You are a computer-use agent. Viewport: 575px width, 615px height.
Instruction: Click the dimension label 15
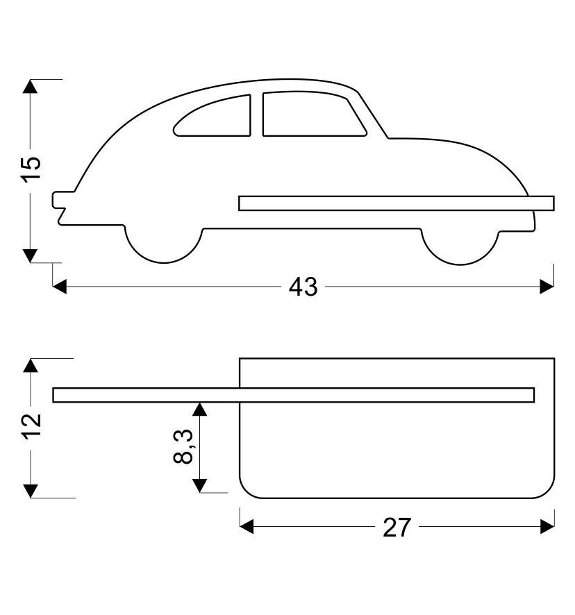31,169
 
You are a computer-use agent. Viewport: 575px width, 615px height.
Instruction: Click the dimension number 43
303,287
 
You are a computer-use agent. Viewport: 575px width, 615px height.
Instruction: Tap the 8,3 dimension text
183,446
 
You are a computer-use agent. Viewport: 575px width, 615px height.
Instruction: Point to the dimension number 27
397,528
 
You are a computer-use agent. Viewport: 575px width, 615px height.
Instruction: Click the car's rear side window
214,117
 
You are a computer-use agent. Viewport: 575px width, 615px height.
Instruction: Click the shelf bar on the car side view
396,203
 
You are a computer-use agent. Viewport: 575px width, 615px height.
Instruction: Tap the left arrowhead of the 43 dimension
60,286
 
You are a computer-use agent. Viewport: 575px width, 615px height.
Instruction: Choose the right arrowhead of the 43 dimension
547,286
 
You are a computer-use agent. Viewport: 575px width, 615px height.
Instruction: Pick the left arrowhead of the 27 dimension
247,528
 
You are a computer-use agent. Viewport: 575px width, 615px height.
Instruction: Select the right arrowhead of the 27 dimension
547,528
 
